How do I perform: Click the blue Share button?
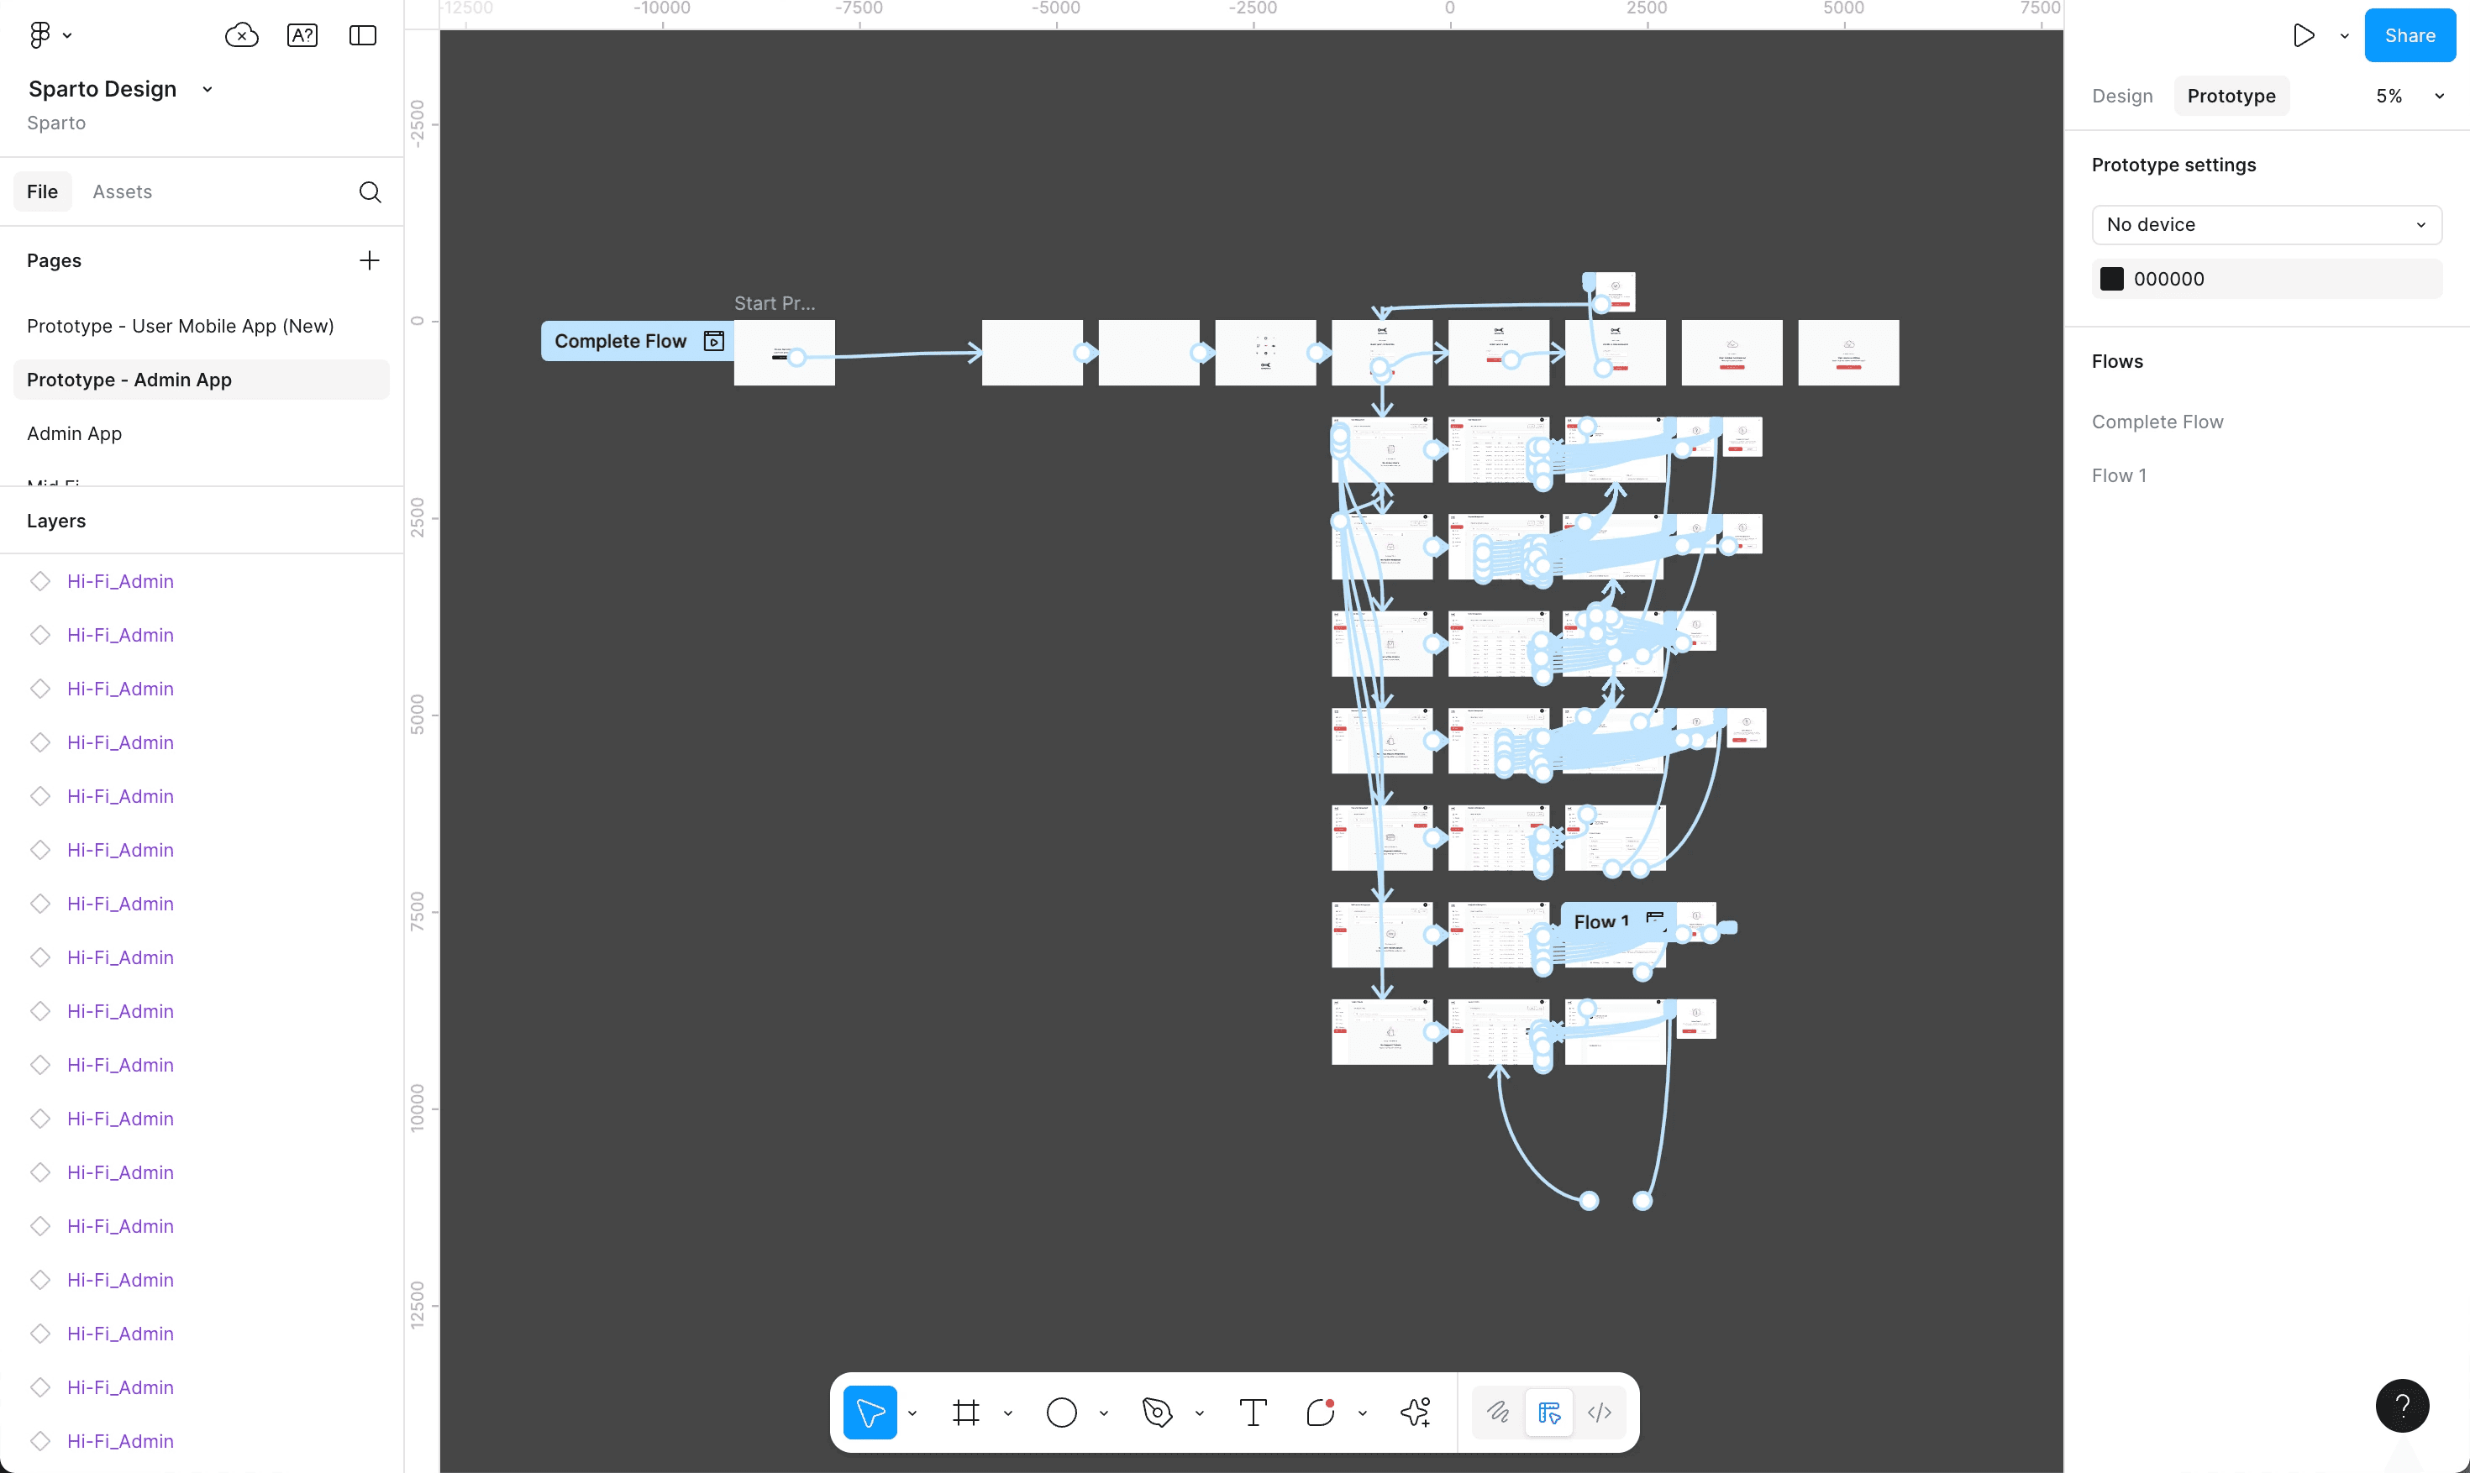pyautogui.click(x=2409, y=36)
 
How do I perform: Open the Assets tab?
pyautogui.click(x=122, y=191)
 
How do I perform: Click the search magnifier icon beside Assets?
pyautogui.click(x=370, y=191)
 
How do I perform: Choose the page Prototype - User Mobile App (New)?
pyautogui.click(x=180, y=326)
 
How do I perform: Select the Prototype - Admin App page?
pyautogui.click(x=129, y=380)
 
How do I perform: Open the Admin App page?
pyautogui.click(x=75, y=432)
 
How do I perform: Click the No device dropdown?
pyautogui.click(x=2266, y=224)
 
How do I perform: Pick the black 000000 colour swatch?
pyautogui.click(x=2111, y=279)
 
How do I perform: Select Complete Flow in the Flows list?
pyautogui.click(x=2157, y=422)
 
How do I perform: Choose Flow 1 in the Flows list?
pyautogui.click(x=2119, y=475)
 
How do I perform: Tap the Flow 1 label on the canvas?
pyautogui.click(x=1600, y=921)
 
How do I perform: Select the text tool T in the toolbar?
pyautogui.click(x=1253, y=1412)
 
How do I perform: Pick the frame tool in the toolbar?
pyautogui.click(x=965, y=1412)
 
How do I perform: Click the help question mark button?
pyautogui.click(x=2401, y=1406)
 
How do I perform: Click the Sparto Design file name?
pyautogui.click(x=102, y=89)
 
